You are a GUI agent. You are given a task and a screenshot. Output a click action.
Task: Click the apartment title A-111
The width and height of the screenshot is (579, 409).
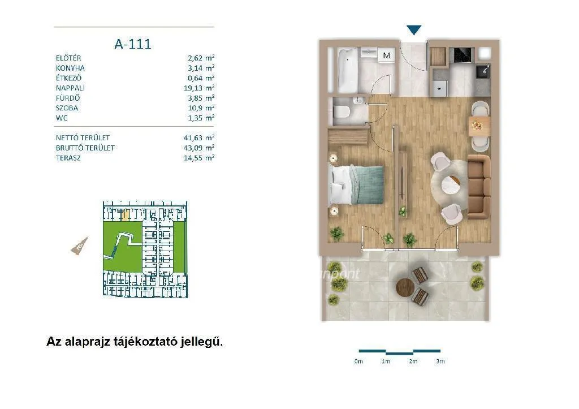[x=133, y=44]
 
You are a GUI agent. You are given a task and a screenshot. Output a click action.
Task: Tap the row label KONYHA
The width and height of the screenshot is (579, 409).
[x=71, y=68]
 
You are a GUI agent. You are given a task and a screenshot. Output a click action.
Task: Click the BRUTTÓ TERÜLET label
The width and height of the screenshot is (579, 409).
[x=85, y=148]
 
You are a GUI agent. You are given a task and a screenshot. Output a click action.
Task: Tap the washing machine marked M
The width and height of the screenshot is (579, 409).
[x=387, y=55]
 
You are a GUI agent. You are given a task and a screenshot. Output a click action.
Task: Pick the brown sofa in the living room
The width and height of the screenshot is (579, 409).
[x=479, y=187]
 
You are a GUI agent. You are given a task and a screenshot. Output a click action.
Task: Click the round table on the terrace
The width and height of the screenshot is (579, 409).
[x=406, y=287]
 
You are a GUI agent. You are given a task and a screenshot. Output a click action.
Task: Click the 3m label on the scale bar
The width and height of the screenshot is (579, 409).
[x=440, y=361]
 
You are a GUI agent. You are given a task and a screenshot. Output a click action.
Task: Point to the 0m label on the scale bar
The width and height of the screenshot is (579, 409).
[x=358, y=361]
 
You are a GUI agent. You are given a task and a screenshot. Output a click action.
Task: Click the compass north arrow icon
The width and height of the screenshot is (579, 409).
[x=78, y=246]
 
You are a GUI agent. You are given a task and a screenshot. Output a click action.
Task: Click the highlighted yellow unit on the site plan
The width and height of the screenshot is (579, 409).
[x=127, y=214]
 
